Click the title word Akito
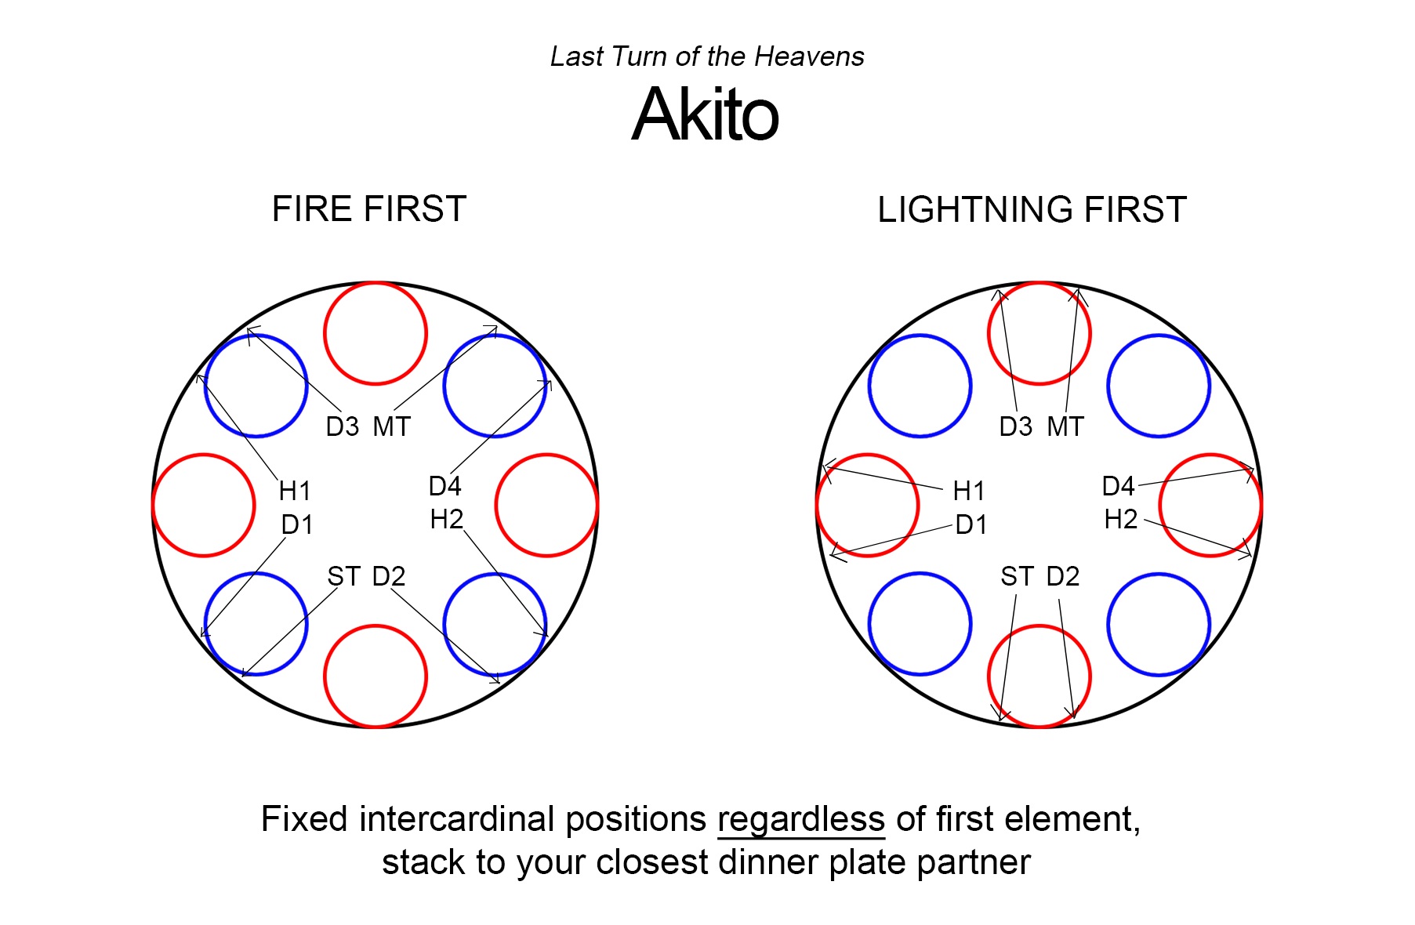pos(705,114)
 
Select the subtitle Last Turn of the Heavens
pos(706,56)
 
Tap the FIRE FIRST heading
pos(368,209)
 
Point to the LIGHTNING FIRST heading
pos(1032,210)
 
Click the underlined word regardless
pos(800,819)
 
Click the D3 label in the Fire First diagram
pos(342,426)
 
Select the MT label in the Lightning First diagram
pos(1065,426)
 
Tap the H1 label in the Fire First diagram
pos(295,491)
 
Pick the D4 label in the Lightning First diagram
pos(1118,486)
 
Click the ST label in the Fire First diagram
pos(343,576)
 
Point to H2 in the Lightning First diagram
pos(1120,519)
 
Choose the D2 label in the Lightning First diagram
pos(1063,576)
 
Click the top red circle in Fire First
pos(376,333)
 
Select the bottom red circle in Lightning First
pos(1039,677)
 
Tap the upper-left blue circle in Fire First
pos(256,386)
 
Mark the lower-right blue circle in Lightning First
pos(1159,625)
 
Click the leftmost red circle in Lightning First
pos(868,506)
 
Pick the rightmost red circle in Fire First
pos(546,506)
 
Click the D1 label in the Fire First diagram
pos(297,524)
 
